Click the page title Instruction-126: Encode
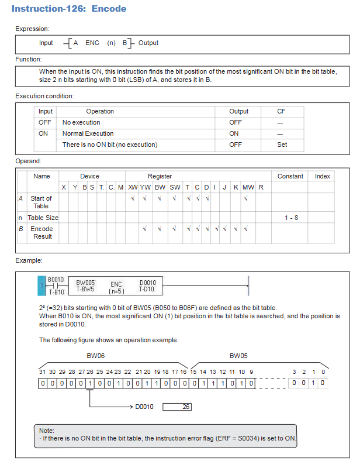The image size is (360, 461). (x=69, y=9)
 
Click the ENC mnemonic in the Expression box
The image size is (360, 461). (x=92, y=43)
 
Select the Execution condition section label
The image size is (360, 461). (x=44, y=96)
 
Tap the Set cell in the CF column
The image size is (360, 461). (x=282, y=145)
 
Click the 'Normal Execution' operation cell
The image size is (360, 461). (x=88, y=133)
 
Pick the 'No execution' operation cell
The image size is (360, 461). (x=81, y=122)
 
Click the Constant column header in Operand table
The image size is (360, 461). (x=290, y=176)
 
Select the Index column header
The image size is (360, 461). (x=323, y=176)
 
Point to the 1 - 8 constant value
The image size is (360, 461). (x=291, y=218)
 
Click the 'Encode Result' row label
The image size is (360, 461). (x=41, y=232)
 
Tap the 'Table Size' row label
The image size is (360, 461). (x=43, y=218)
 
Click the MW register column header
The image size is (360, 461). (x=248, y=187)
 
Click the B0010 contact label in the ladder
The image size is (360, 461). (x=56, y=280)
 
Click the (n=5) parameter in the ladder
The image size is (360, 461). (x=117, y=291)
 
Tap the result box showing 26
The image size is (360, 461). (x=177, y=407)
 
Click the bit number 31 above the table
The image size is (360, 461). (x=41, y=371)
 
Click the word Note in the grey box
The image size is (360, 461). (x=47, y=431)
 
